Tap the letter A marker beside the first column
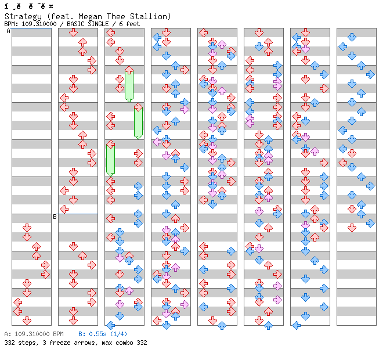tap(9, 31)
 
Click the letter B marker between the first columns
tap(55, 217)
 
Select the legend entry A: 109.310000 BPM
tap(34, 334)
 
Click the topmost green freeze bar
tap(129, 85)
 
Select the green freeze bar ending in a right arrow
tap(138, 121)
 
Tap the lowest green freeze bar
tap(110, 159)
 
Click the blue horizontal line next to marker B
tap(78, 214)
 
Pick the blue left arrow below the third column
tap(110, 325)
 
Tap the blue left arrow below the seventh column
tap(296, 325)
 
